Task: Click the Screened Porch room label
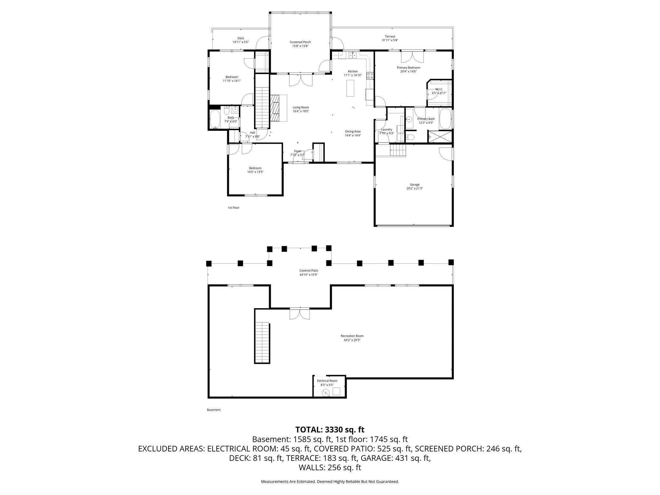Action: coord(300,42)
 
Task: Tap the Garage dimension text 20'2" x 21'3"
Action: coord(414,189)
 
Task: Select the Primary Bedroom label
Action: coord(408,68)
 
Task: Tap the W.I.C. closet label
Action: coord(439,89)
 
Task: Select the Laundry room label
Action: coord(386,130)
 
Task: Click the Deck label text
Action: coord(241,38)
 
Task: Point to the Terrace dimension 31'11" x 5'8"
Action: coord(390,40)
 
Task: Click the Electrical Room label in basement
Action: coord(327,381)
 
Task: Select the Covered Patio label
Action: coord(309,271)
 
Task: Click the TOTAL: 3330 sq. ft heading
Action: coord(330,430)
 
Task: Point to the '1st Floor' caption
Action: coord(234,208)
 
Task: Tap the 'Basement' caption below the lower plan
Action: coord(214,410)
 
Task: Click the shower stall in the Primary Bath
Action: coord(440,137)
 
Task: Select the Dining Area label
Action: coord(353,131)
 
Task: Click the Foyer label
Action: coord(297,151)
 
